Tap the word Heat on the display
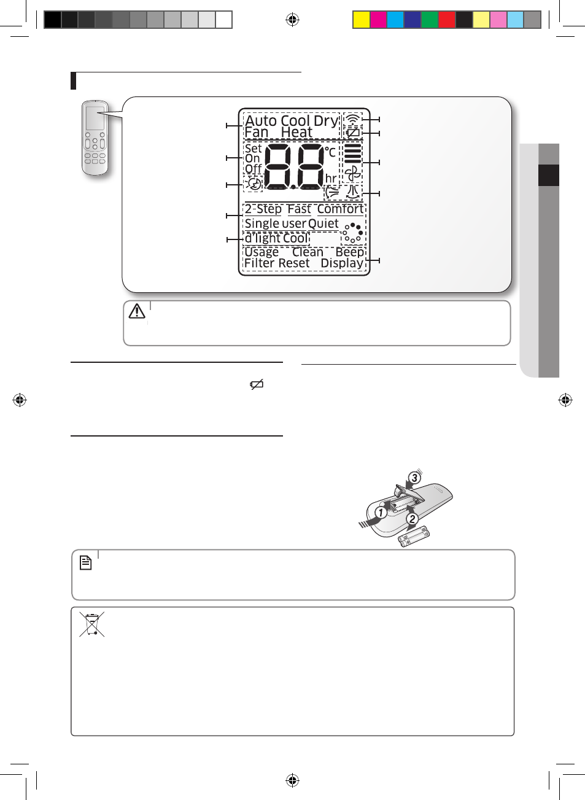(296, 132)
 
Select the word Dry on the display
(326, 122)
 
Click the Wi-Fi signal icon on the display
(352, 119)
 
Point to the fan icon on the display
(353, 174)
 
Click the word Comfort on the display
(340, 209)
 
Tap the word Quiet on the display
(323, 224)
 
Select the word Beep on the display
(350, 252)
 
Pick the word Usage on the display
(262, 252)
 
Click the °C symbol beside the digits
(330, 152)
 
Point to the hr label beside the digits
(331, 178)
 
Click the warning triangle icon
(137, 311)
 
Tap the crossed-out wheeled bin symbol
(92, 624)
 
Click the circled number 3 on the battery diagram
(414, 478)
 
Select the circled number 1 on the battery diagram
(381, 513)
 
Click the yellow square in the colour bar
(361, 20)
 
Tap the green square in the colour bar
(430, 20)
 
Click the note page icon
(85, 563)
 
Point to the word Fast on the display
(299, 209)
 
